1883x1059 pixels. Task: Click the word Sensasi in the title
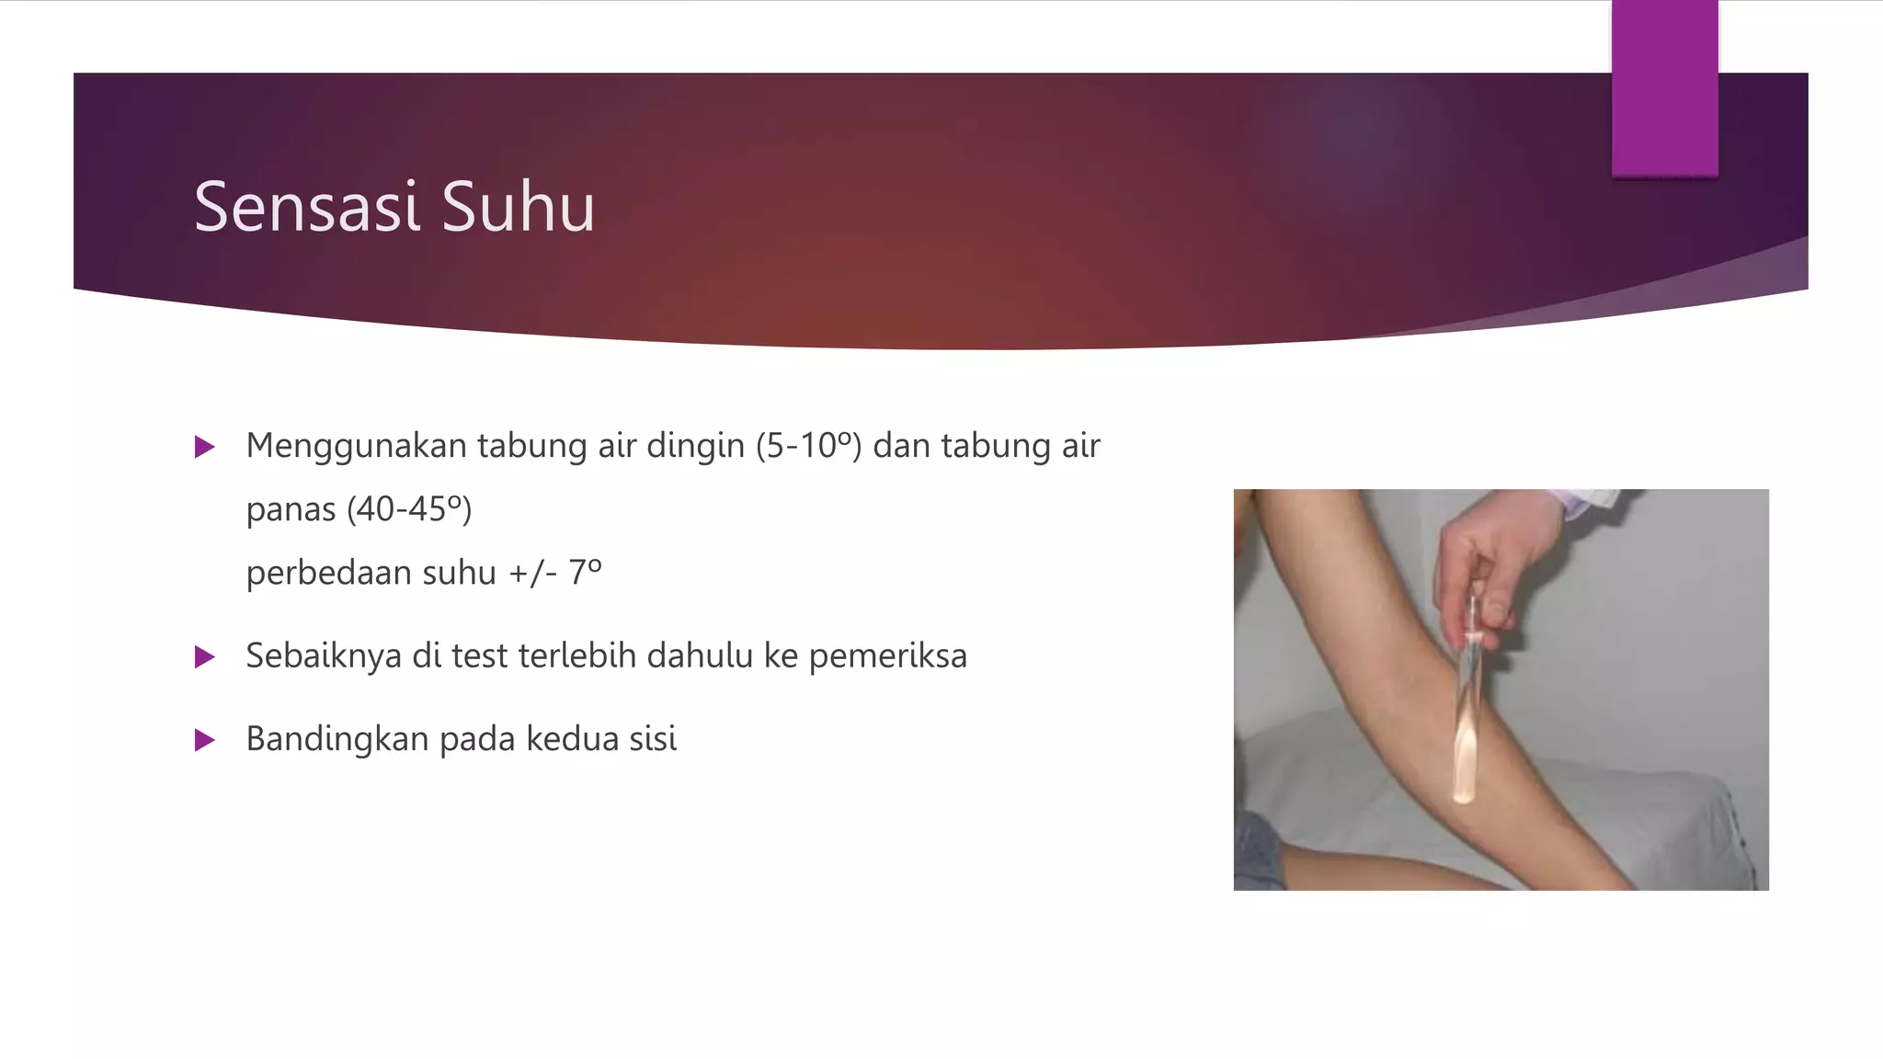(307, 208)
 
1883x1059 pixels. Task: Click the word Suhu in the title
(519, 208)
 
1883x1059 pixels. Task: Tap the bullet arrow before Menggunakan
(205, 448)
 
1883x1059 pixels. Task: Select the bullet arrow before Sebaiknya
(205, 657)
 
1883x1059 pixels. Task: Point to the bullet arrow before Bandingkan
(205, 740)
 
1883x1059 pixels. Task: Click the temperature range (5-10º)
(808, 446)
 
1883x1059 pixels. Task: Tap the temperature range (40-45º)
(409, 509)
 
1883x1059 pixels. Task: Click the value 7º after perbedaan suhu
(585, 573)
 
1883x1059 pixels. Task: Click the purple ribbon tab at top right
(1664, 87)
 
